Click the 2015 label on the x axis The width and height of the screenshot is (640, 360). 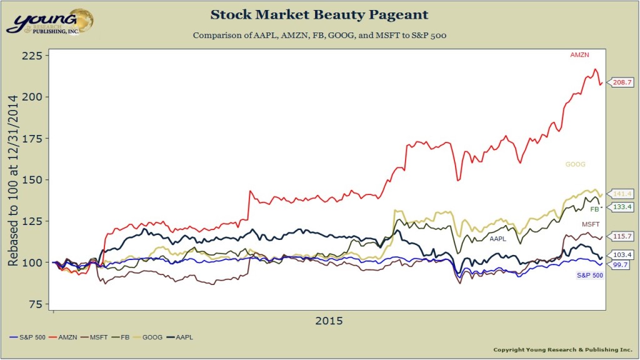(x=329, y=321)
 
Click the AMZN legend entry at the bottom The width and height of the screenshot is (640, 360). (x=66, y=337)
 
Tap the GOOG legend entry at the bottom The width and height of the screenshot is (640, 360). (x=149, y=337)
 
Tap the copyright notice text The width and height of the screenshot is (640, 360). (x=562, y=349)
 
